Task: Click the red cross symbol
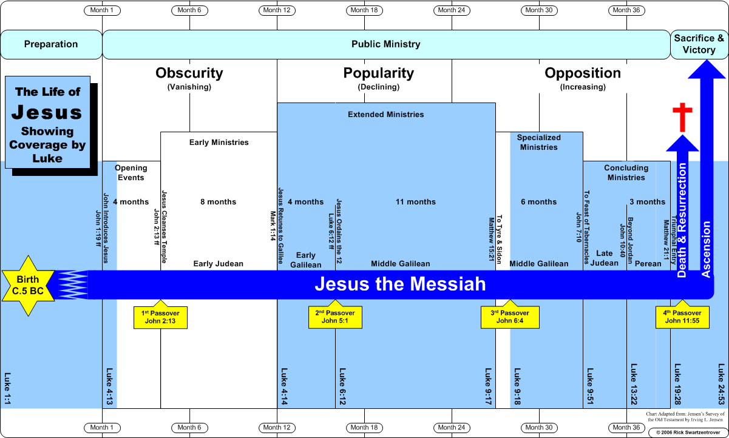(x=682, y=118)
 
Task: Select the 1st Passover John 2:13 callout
(x=160, y=317)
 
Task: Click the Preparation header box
(x=51, y=44)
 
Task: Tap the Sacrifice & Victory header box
(x=699, y=44)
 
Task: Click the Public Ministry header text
(x=386, y=44)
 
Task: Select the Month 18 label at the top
(x=365, y=10)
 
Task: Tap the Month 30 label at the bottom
(x=539, y=428)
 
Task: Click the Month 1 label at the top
(x=102, y=10)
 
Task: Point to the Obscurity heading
(x=189, y=73)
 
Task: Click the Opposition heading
(x=583, y=73)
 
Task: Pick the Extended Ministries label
(x=386, y=114)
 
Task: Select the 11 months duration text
(x=416, y=202)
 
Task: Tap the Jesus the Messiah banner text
(x=400, y=284)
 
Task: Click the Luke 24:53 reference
(x=721, y=384)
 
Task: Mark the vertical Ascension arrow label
(x=706, y=249)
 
